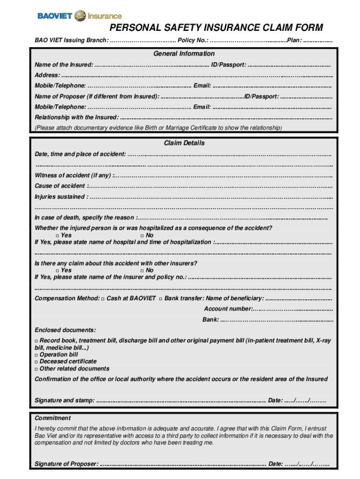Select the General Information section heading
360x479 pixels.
click(x=184, y=54)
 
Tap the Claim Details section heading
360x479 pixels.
click(x=184, y=143)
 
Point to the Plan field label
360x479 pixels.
click(x=294, y=40)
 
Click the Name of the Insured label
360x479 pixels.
click(x=64, y=65)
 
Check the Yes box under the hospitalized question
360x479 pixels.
click(x=58, y=236)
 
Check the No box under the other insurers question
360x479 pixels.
click(x=142, y=271)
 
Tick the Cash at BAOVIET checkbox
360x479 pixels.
click(x=102, y=299)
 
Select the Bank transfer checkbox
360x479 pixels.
click(x=160, y=299)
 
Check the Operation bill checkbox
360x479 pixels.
click(x=36, y=355)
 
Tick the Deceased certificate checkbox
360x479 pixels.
click(x=36, y=362)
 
